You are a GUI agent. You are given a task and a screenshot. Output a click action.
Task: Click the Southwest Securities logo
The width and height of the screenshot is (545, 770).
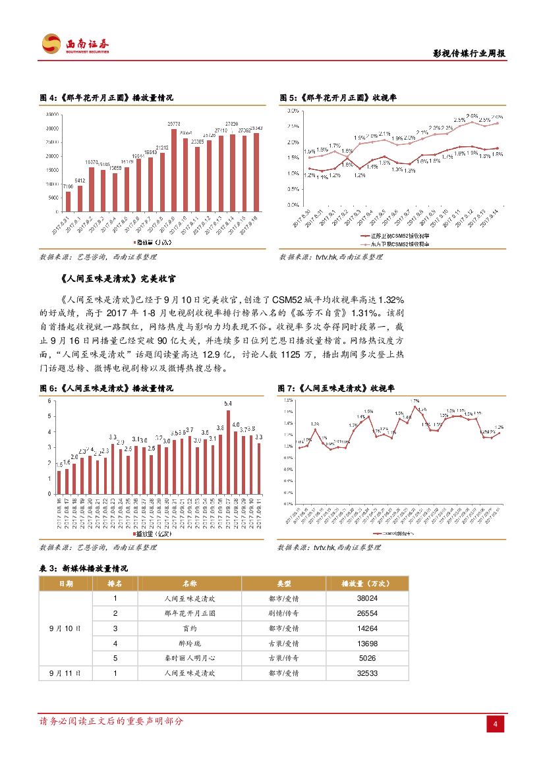pos(74,44)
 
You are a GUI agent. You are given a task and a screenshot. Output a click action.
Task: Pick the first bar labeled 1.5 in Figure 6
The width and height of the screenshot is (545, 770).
pos(59,482)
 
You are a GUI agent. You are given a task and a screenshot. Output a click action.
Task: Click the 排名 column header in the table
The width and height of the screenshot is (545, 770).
pos(115,584)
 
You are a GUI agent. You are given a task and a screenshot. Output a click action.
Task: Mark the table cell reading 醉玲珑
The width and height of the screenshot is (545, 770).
pos(189,643)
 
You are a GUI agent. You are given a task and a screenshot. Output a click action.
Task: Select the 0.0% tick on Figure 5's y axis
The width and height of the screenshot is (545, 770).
pos(294,205)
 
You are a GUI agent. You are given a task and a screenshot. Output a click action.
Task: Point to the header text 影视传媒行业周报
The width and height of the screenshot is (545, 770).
pos(469,54)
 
